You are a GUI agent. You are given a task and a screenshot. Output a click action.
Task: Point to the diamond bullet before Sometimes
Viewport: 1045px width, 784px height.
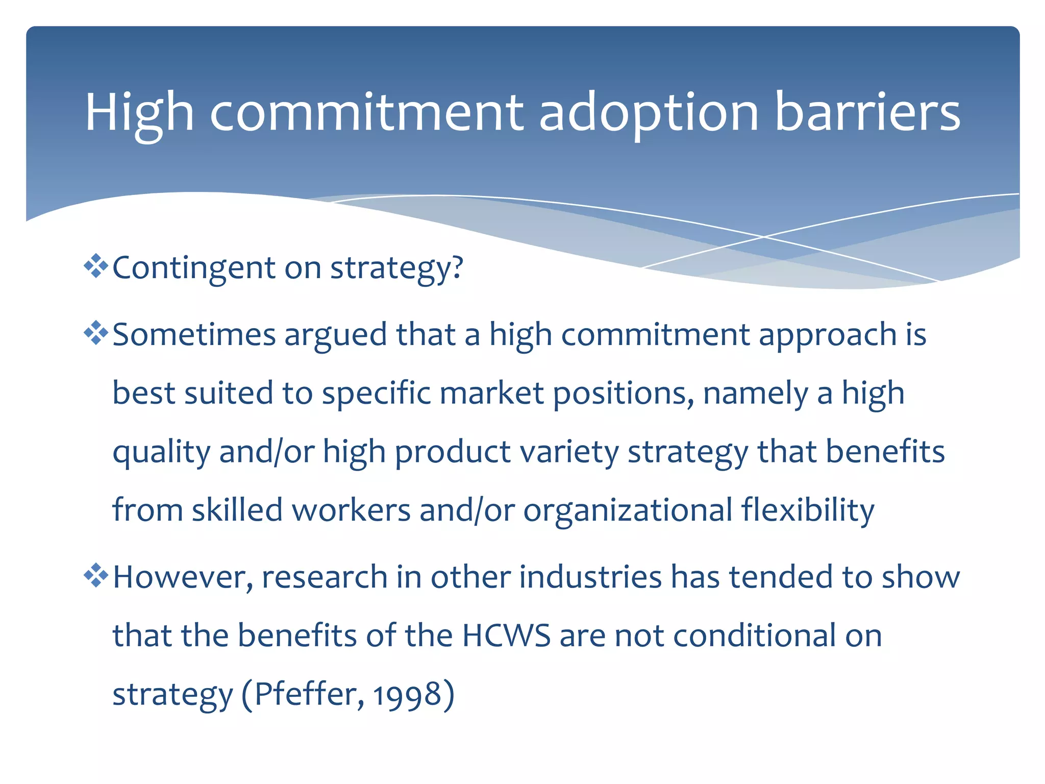(96, 333)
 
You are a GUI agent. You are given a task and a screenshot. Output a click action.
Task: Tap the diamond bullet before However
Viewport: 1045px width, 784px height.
(96, 576)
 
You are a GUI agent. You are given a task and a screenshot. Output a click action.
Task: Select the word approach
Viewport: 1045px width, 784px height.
(827, 336)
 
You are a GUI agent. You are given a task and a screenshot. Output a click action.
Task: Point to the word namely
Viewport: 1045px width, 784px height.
(756, 394)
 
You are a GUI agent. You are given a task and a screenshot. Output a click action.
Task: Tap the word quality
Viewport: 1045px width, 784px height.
(161, 452)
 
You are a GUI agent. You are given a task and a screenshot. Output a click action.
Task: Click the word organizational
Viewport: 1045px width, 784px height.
(628, 510)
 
